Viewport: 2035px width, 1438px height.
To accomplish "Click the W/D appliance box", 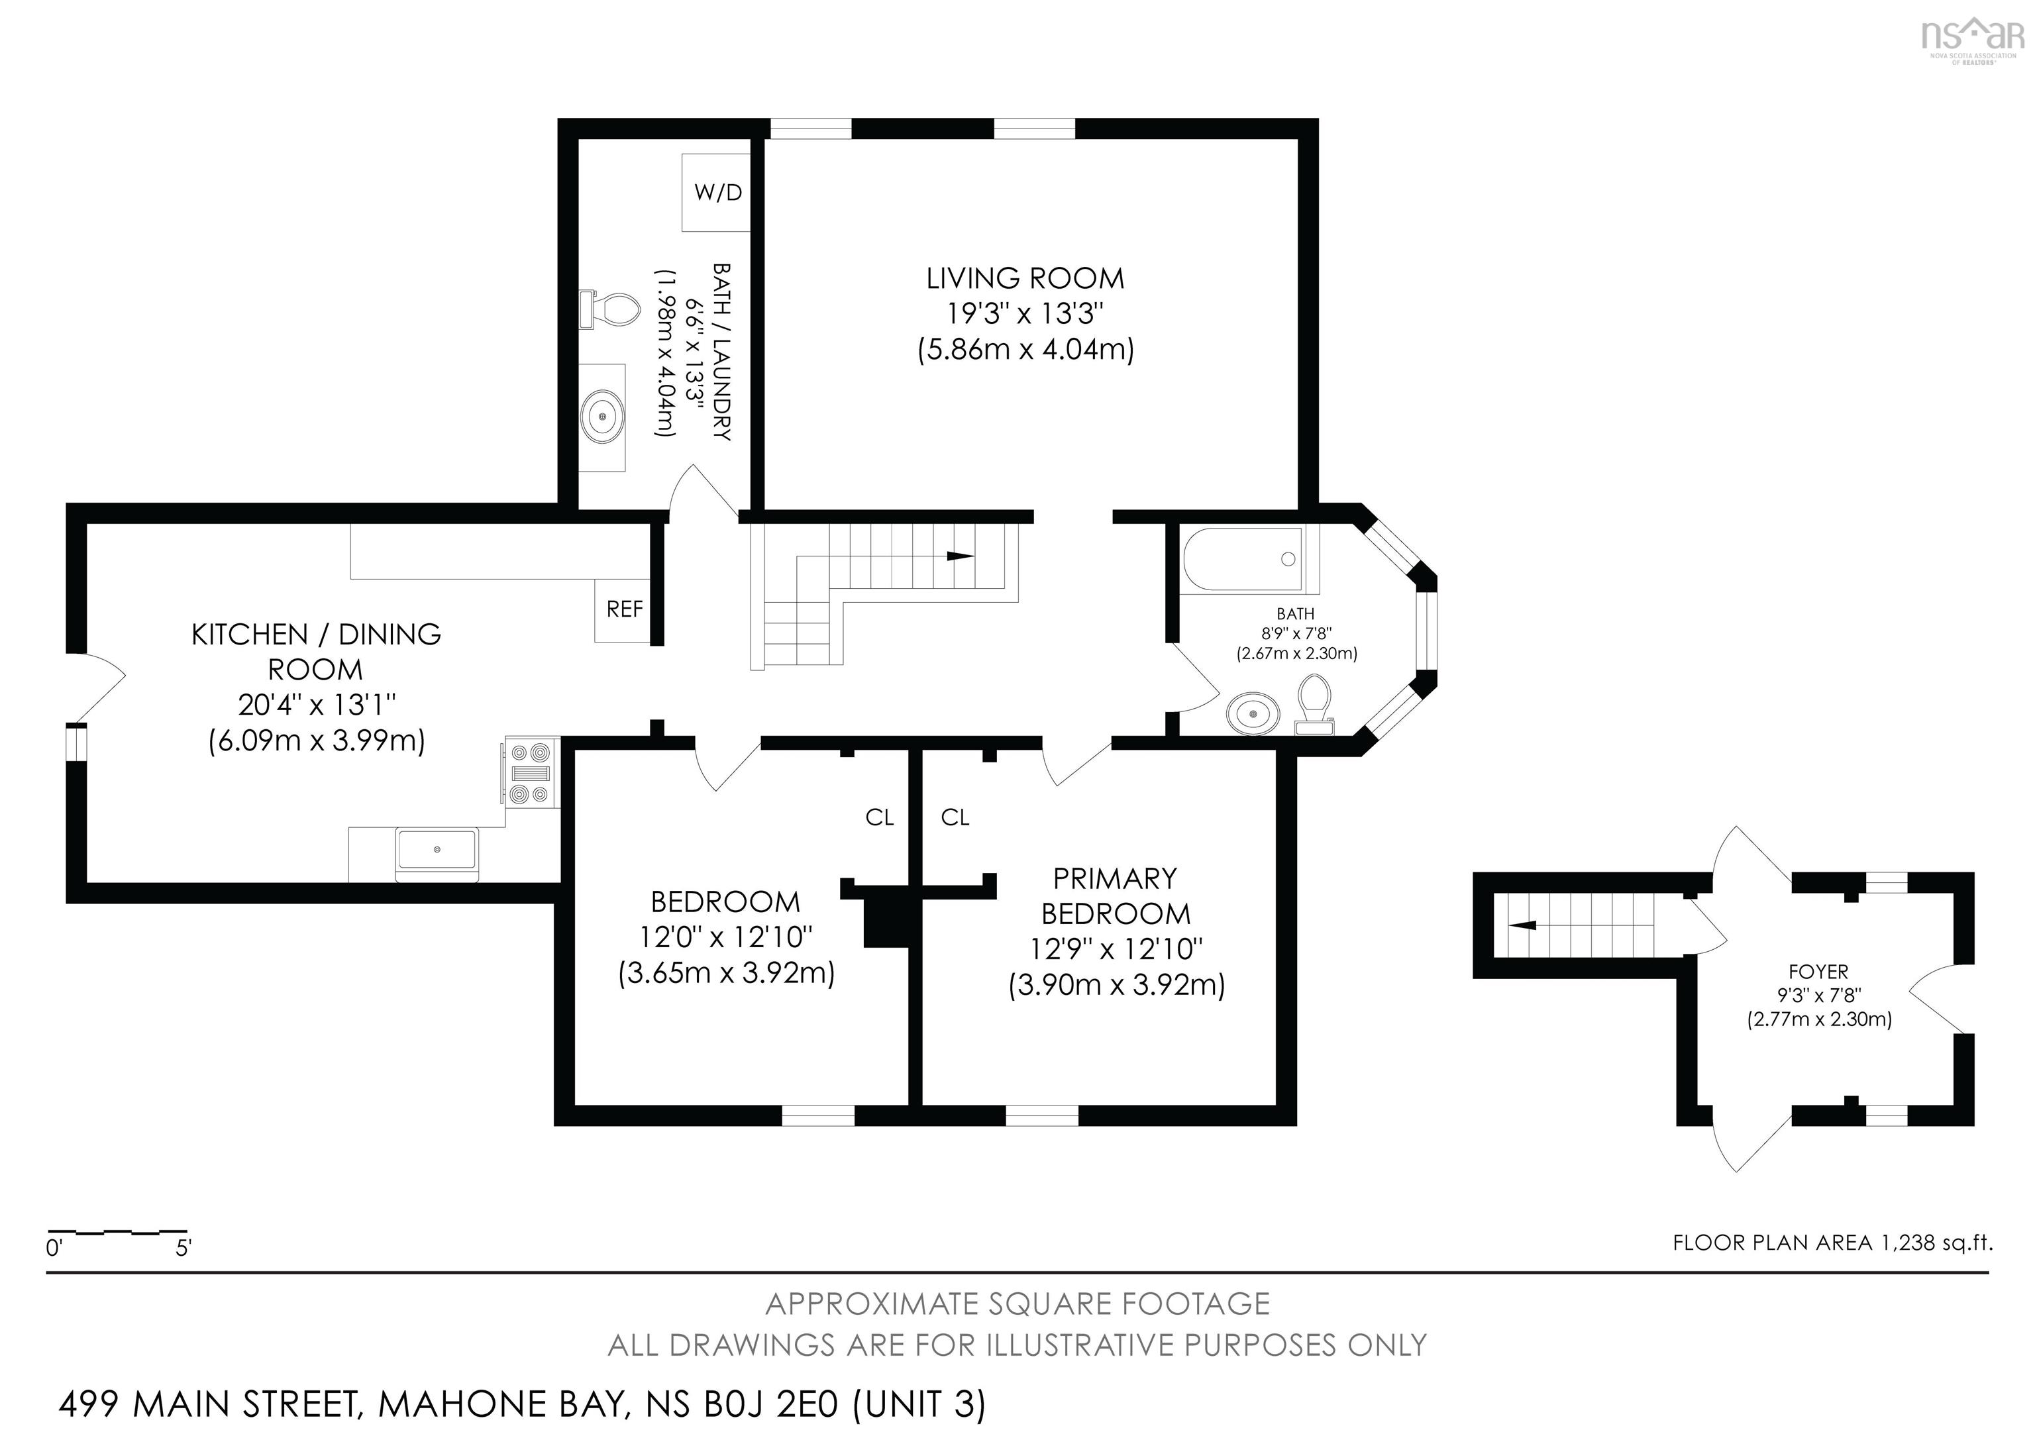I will [716, 192].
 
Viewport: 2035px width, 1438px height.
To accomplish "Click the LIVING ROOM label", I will [1025, 279].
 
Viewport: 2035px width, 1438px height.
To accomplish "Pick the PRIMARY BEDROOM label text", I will [1115, 896].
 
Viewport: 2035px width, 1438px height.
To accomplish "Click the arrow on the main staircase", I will [959, 556].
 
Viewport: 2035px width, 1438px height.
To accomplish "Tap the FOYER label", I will [1819, 972].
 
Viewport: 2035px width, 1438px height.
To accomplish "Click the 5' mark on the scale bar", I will [183, 1249].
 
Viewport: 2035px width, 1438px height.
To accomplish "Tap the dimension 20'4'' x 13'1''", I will [317, 705].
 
